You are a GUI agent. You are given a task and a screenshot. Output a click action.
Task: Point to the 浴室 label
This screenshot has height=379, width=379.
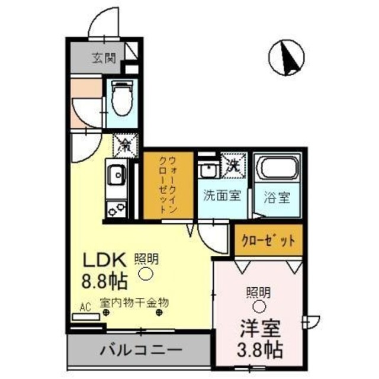[x=277, y=197]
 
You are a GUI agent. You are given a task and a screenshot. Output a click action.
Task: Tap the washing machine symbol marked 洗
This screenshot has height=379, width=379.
[x=232, y=165]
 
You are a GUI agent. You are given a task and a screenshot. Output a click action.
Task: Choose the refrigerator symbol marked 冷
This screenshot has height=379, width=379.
[x=124, y=143]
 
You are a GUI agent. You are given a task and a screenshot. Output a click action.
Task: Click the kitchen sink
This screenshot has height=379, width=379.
[x=116, y=175]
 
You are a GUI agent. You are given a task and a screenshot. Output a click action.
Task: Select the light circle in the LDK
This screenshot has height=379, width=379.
[x=146, y=274]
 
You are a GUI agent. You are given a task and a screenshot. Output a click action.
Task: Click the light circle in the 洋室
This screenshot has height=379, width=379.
[x=259, y=306]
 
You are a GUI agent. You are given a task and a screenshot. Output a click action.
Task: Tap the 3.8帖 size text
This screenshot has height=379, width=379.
[x=259, y=348]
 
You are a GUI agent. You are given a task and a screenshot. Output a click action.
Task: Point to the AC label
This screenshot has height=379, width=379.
[x=85, y=307]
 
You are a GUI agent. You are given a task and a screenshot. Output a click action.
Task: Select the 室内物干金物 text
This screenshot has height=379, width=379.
[x=134, y=302]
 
